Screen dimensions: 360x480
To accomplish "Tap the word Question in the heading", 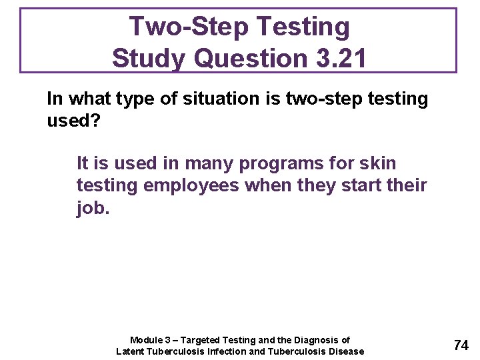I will pyautogui.click(x=245, y=58).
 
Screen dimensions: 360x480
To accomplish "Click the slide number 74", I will pyautogui.click(x=461, y=345).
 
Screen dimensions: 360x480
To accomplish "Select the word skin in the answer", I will pyautogui.click(x=377, y=163).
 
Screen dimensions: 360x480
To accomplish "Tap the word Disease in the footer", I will pyautogui.click(x=346, y=351).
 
